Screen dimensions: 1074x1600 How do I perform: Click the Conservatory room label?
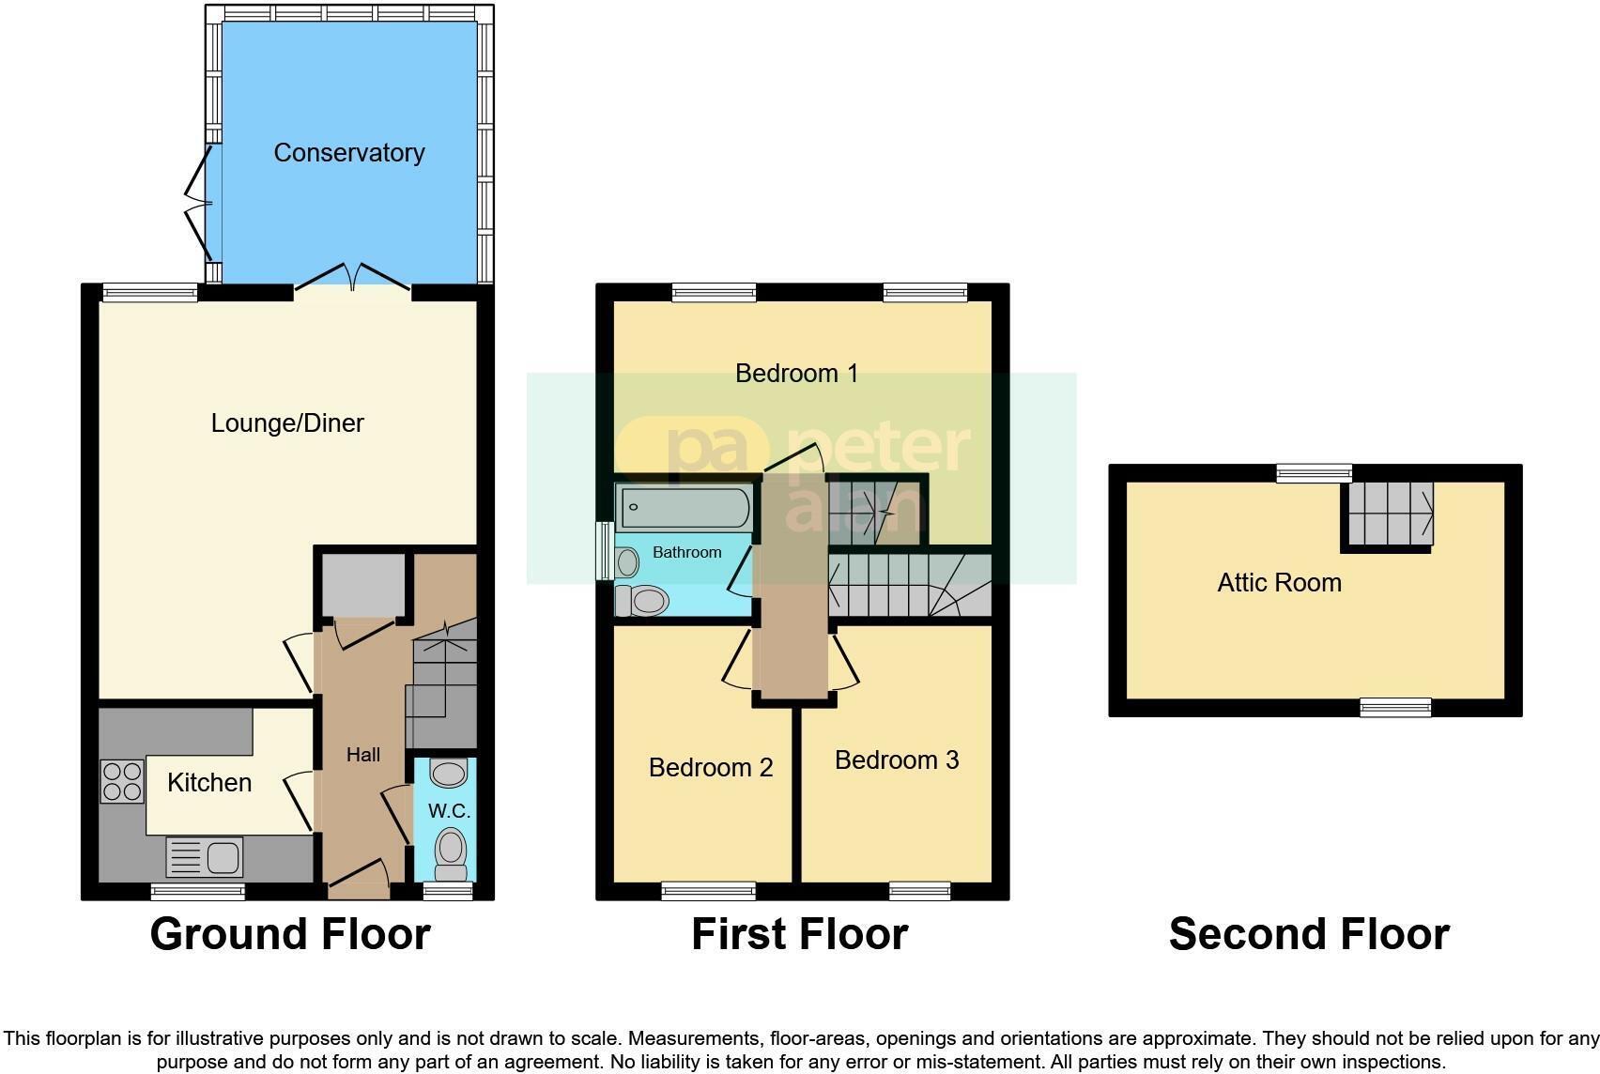349,153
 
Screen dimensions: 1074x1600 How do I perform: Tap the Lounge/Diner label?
287,423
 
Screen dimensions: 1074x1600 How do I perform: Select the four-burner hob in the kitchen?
122,781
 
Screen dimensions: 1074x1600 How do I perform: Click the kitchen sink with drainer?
205,857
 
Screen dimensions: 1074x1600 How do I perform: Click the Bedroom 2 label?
711,768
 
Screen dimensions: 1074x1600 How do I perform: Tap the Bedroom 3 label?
897,760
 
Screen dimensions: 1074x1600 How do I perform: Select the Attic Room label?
1279,583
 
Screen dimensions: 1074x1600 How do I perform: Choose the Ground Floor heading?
290,935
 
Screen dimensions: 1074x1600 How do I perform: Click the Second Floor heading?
1309,935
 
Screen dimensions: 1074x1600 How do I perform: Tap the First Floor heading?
799,935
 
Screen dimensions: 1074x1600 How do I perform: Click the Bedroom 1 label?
796,374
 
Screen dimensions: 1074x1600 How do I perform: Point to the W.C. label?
449,811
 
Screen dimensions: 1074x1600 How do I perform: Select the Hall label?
363,755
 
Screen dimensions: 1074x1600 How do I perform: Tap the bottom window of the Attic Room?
1395,707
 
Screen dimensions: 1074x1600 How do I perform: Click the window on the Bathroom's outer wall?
603,550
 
